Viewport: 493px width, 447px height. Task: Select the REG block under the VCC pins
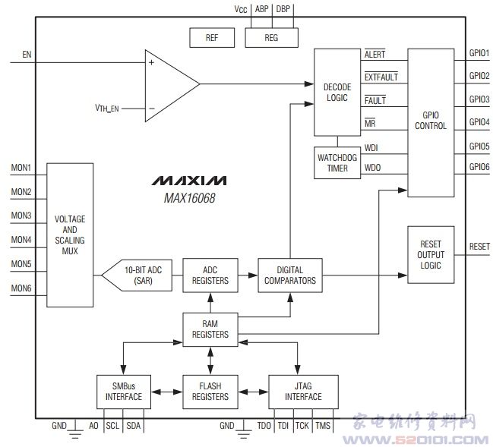coord(271,37)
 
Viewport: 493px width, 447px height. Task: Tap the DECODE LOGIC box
coord(337,92)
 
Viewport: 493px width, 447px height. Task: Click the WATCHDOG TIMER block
coord(337,162)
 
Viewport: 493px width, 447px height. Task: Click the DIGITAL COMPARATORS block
coord(289,275)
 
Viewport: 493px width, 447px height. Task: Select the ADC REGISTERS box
coord(210,275)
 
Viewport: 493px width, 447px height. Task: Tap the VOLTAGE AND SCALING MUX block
coord(70,235)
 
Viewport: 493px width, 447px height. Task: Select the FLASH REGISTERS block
coord(210,391)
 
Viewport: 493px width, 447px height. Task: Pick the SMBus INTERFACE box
coord(122,391)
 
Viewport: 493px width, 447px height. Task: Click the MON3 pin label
coord(21,216)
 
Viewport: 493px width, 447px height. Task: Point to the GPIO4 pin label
coord(479,121)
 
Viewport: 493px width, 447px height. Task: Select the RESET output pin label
coord(479,247)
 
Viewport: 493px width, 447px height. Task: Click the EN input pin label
coord(27,55)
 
